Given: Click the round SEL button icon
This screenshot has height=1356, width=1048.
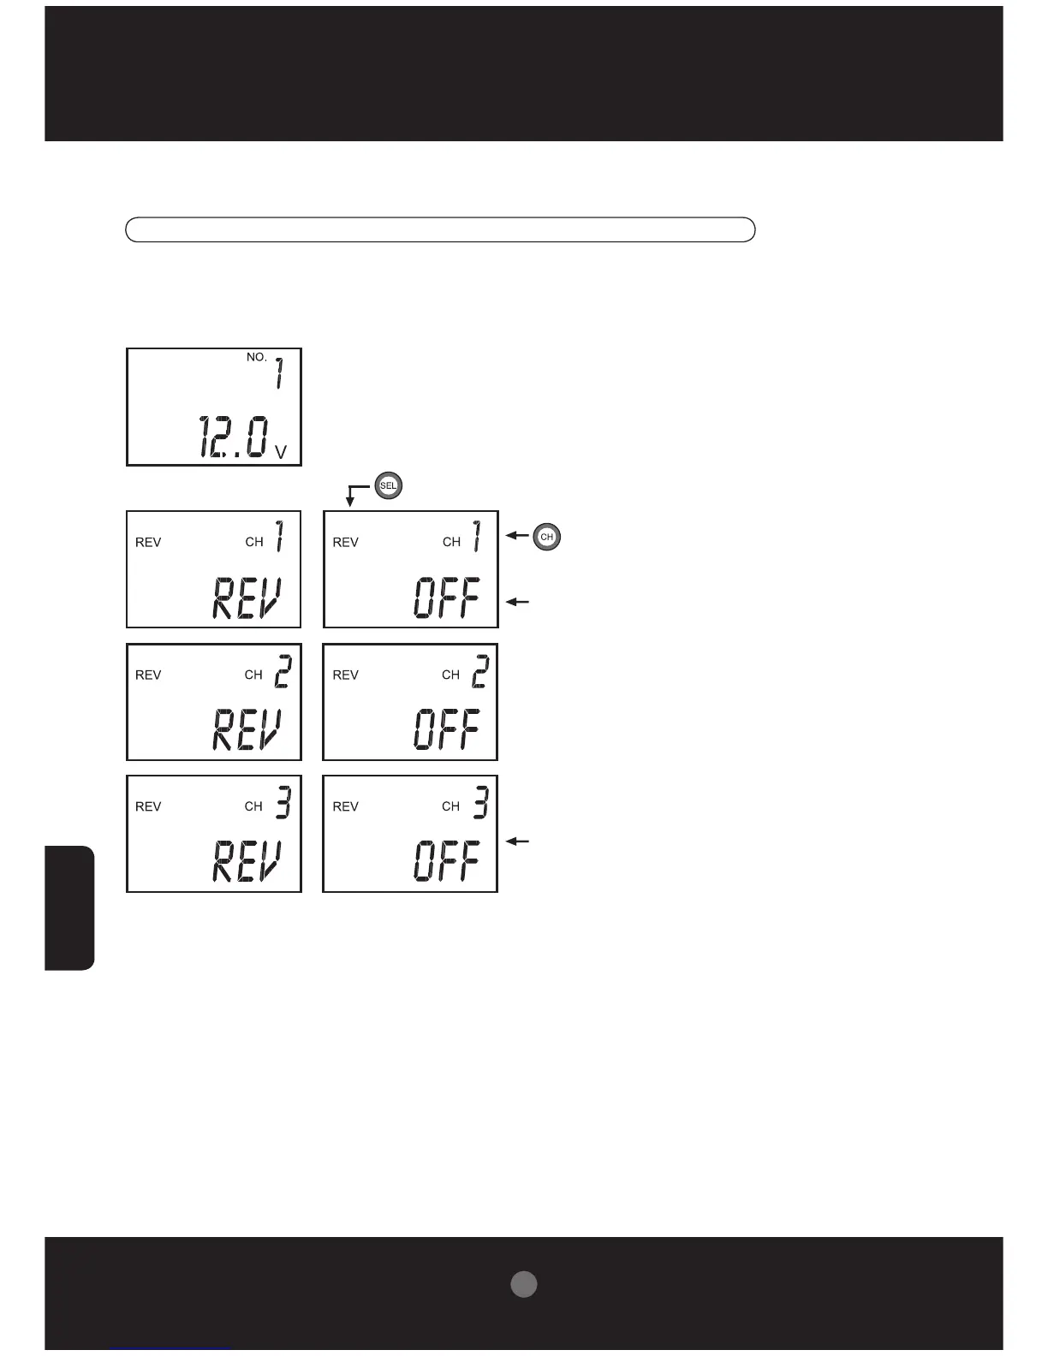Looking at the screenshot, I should tap(389, 486).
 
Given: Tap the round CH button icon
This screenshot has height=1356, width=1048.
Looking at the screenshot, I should tap(547, 538).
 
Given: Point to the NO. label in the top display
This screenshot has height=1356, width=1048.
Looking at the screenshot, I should tap(257, 357).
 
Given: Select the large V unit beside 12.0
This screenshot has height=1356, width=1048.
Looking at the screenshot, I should tap(280, 452).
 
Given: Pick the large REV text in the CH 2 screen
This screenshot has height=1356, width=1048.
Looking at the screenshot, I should tap(247, 730).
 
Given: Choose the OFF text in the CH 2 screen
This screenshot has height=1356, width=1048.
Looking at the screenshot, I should tap(446, 730).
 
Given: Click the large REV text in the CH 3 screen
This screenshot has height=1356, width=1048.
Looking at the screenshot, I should tap(247, 861).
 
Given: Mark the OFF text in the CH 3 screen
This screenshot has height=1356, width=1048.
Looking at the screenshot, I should tap(446, 861).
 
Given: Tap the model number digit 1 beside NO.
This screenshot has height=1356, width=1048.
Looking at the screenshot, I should tap(279, 373).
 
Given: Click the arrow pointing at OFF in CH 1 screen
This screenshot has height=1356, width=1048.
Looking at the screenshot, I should tap(518, 602).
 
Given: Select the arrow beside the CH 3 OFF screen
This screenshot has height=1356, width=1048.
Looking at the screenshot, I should tap(518, 842).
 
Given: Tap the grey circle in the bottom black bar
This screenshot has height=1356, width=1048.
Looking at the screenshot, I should tap(524, 1284).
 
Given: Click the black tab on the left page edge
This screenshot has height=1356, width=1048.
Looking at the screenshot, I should tap(69, 907).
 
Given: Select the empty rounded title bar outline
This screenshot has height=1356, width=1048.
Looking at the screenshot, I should tap(440, 229).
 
